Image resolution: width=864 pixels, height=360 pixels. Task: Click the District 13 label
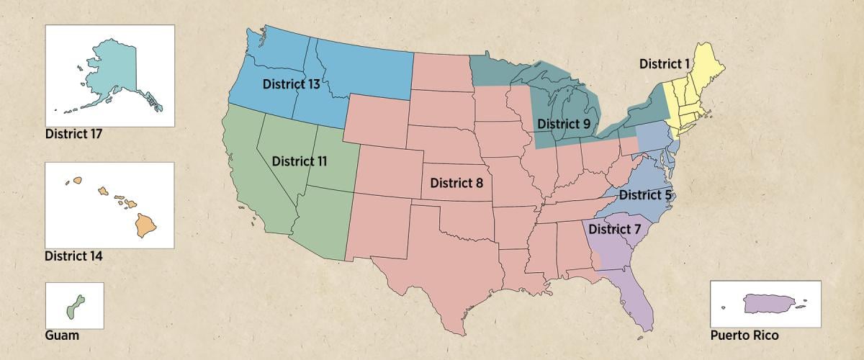(x=291, y=84)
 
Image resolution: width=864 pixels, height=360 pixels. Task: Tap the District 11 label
(x=300, y=161)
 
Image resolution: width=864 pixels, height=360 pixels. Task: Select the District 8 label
(x=456, y=182)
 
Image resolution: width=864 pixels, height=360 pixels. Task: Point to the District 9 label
(x=564, y=124)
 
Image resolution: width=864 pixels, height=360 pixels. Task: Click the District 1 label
(x=665, y=64)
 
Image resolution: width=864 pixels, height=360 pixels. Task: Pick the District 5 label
(x=645, y=194)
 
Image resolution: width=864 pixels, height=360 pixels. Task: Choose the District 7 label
(x=614, y=229)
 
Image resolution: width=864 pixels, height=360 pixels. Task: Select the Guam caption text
(x=62, y=335)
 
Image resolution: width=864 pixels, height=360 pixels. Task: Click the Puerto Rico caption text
(x=744, y=335)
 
